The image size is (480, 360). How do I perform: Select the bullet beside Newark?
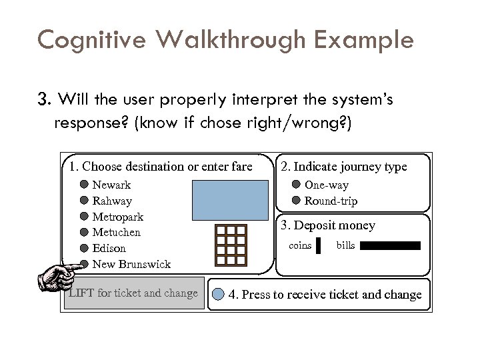pos(85,185)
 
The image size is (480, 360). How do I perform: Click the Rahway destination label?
pos(112,201)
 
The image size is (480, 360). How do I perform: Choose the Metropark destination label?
pos(117,217)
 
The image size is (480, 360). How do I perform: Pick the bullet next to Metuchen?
pos(85,232)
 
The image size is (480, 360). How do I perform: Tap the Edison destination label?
pos(109,248)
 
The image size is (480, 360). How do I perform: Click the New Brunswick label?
pos(131,264)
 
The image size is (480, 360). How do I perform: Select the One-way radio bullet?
pos(296,185)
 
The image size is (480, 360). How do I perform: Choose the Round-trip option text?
pos(331,201)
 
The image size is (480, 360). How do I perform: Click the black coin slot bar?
pos(318,246)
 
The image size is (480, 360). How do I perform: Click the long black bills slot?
pos(390,246)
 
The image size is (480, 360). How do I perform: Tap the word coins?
pos(300,246)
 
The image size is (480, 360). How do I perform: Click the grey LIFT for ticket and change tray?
pos(133,293)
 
